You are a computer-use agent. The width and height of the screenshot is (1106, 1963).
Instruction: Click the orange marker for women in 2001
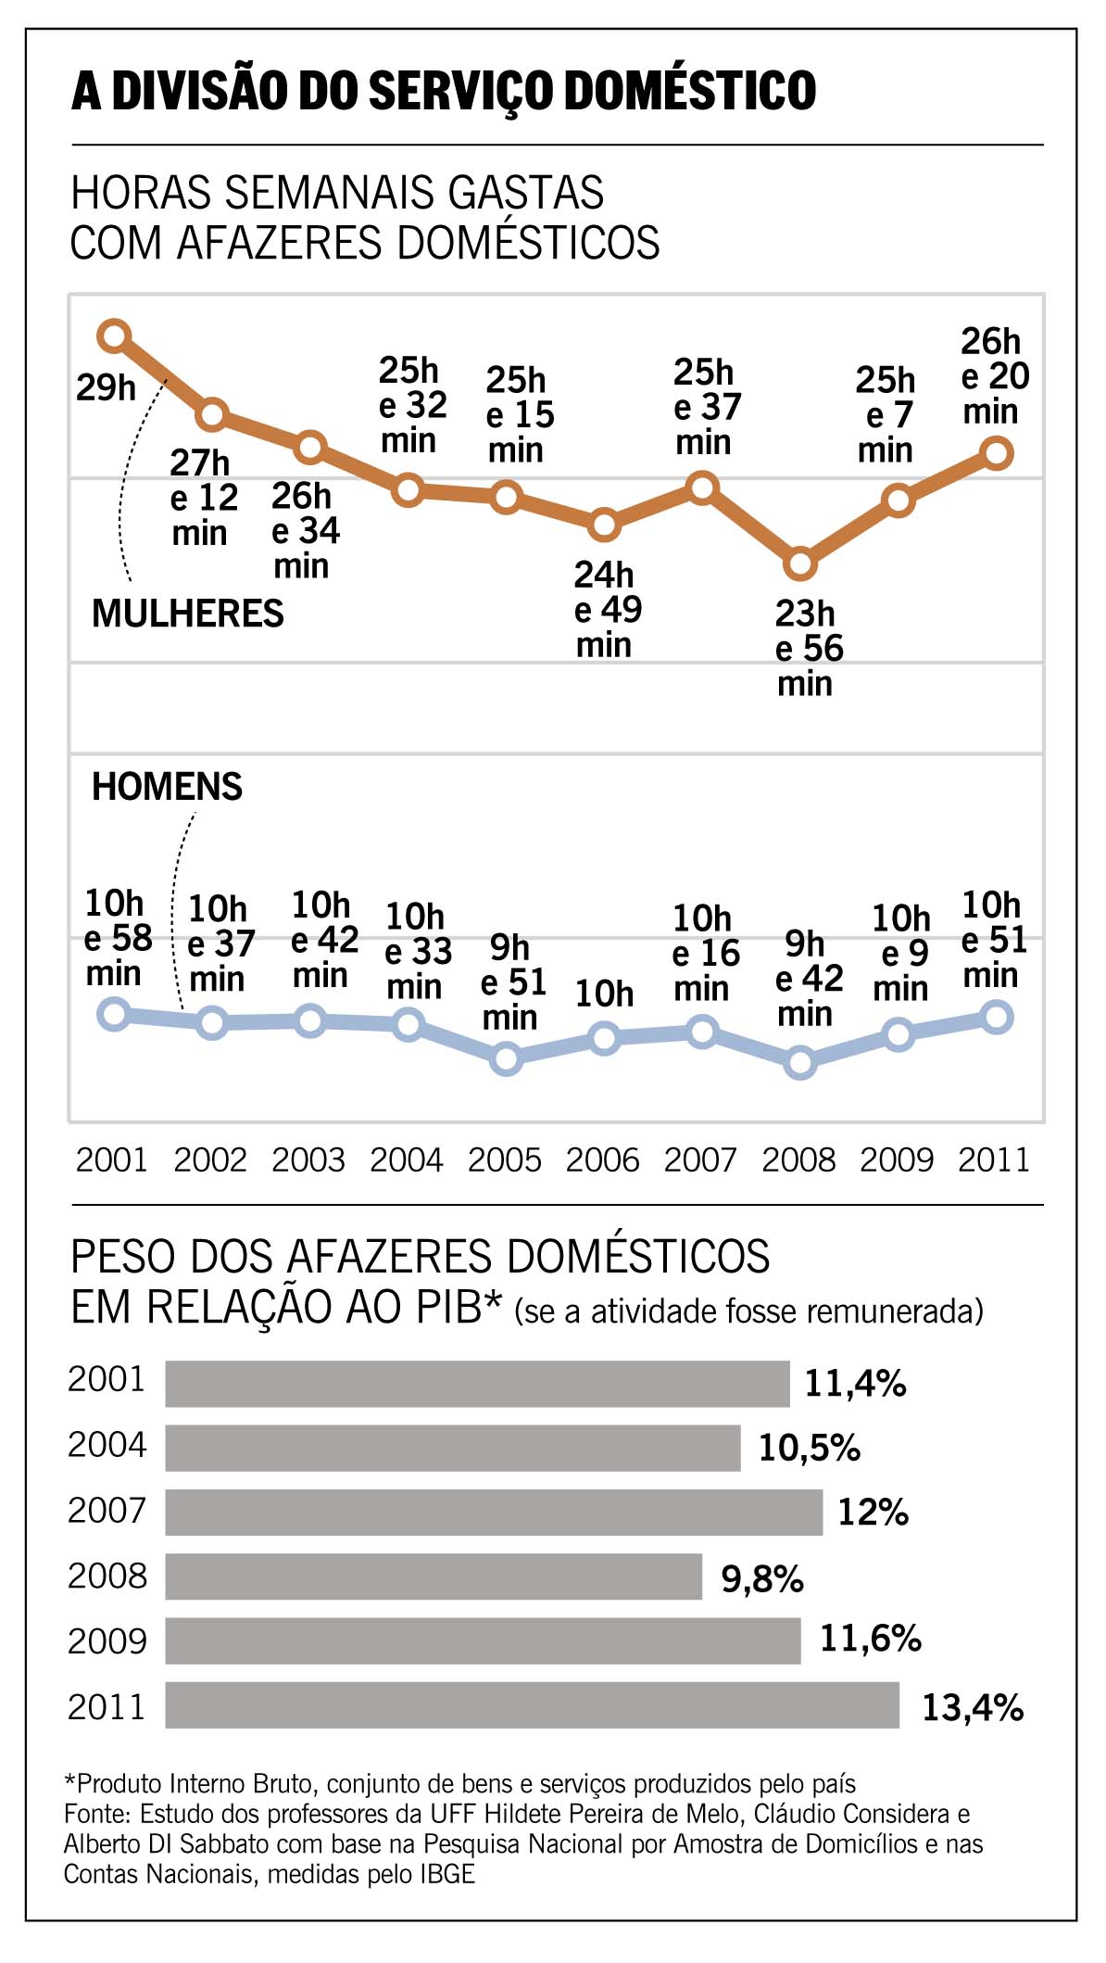(x=114, y=336)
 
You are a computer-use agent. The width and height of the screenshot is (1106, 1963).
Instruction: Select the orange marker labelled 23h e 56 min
(x=800, y=564)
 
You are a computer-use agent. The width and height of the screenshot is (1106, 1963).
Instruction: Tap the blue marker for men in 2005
(x=506, y=1057)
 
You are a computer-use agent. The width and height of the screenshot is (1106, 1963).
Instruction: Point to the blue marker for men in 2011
(x=997, y=1017)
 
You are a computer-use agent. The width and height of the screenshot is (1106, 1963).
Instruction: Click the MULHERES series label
(x=187, y=614)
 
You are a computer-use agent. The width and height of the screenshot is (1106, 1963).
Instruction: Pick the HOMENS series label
(x=167, y=787)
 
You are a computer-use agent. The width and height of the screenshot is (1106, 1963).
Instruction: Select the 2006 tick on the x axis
(x=602, y=1159)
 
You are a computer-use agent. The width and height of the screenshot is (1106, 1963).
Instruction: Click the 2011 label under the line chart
(x=994, y=1159)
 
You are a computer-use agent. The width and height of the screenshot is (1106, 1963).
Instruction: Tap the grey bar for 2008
(x=434, y=1577)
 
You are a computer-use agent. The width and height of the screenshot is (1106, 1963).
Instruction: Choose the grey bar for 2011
(x=532, y=1705)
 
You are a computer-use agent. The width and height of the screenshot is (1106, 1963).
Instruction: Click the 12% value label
(x=873, y=1513)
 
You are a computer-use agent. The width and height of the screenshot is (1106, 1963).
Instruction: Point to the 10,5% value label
(x=809, y=1448)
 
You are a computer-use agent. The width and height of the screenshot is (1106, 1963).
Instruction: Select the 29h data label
(x=106, y=387)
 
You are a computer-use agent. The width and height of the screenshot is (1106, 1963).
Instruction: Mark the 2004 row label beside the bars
(x=107, y=1445)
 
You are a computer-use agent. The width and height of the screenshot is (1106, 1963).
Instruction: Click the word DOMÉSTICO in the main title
(x=690, y=91)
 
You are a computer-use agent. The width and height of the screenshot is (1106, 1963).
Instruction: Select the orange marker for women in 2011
(x=997, y=453)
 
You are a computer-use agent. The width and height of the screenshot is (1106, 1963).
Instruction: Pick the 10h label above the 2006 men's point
(x=604, y=994)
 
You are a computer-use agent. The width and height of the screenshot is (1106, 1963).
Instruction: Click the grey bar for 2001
(x=477, y=1384)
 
